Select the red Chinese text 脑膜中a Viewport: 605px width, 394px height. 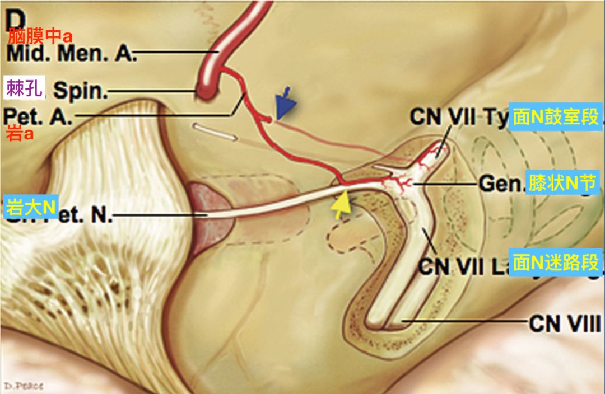coord(40,37)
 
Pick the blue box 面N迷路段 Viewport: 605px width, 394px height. coord(556,262)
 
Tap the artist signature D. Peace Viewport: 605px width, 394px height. coord(22,386)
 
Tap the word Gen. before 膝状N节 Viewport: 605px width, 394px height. coord(500,184)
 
